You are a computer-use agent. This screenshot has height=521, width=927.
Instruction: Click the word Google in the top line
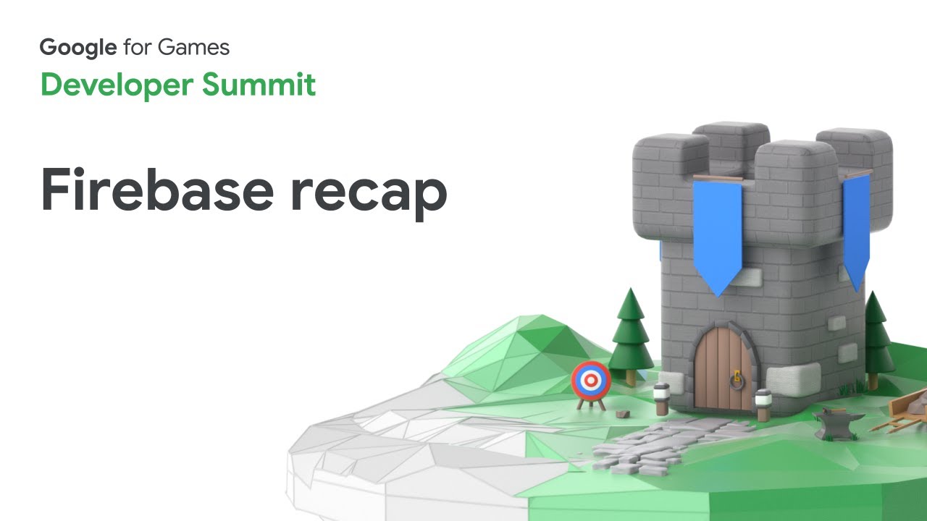point(78,48)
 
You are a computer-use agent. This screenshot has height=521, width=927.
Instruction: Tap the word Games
point(193,47)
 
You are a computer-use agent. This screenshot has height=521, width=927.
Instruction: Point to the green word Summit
point(259,85)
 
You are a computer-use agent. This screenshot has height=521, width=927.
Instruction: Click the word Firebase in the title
point(157,190)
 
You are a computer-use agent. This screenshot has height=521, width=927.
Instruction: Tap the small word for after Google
point(138,47)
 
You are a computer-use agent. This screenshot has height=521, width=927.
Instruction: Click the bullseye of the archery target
point(591,380)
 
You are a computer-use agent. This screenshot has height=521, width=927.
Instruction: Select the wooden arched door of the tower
point(723,368)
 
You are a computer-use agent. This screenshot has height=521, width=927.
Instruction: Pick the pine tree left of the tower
point(630,335)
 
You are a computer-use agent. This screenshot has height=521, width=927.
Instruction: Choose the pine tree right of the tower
point(876,339)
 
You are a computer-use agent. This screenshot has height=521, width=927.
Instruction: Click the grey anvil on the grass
point(836,423)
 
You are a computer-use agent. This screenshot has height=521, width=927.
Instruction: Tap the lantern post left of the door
point(662,399)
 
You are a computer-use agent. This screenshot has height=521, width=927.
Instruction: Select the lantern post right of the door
point(763,404)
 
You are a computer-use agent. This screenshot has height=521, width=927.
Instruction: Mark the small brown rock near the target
point(622,413)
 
